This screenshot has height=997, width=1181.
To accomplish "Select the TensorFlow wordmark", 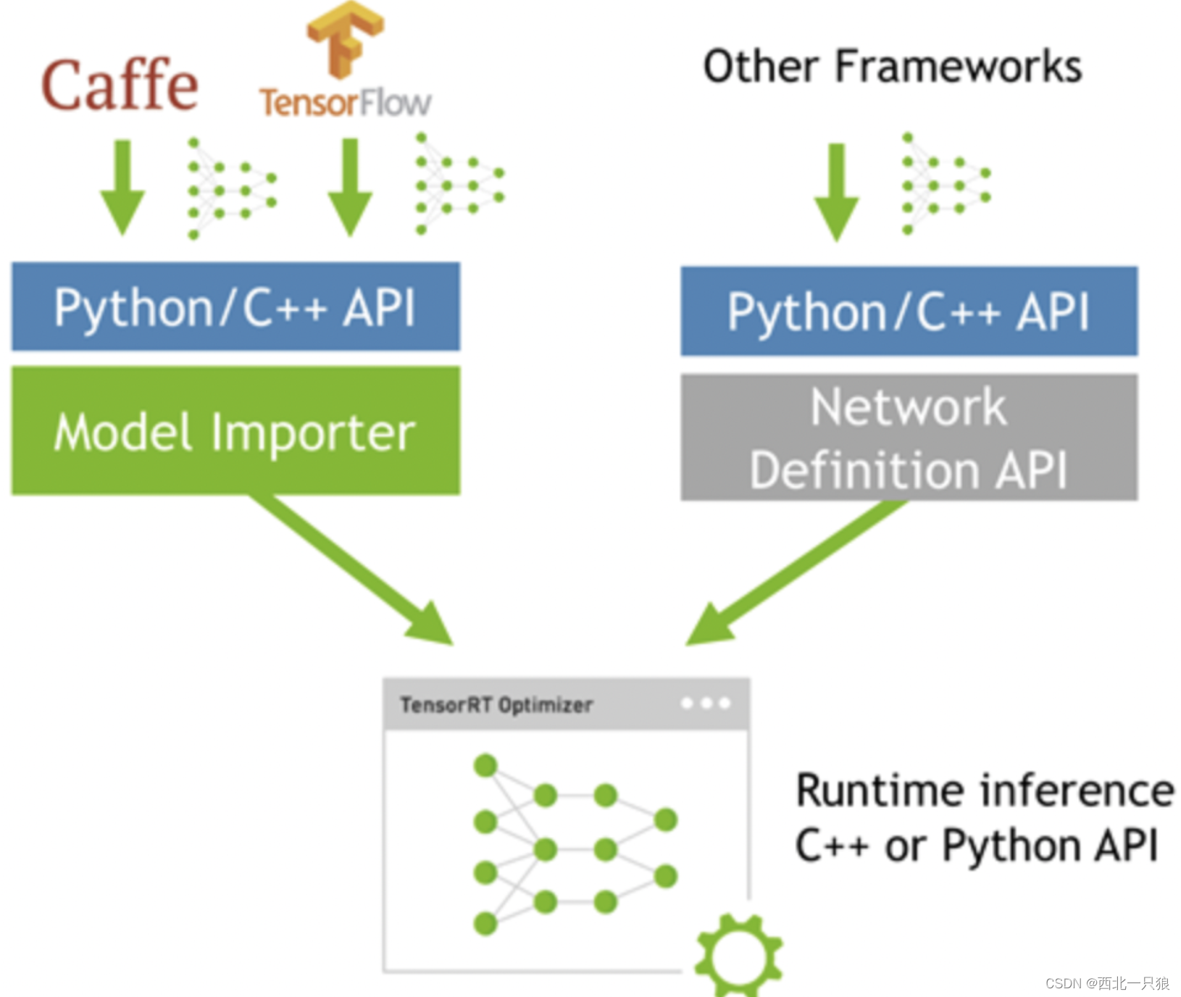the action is (346, 102).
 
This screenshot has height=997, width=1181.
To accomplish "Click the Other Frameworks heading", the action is (893, 66).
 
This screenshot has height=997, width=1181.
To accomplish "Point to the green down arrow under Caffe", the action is (122, 187).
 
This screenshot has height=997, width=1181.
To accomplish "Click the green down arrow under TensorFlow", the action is (350, 187).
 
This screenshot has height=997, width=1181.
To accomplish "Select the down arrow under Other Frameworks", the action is (837, 192).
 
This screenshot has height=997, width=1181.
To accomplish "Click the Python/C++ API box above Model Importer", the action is (235, 306).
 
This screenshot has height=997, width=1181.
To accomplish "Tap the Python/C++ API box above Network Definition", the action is (909, 311).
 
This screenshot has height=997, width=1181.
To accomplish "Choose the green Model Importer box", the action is (235, 431).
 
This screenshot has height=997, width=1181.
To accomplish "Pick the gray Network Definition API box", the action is (909, 437).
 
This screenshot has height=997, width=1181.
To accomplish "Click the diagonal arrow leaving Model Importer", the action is (351, 570).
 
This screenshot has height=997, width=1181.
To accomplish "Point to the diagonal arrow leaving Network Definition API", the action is (796, 572).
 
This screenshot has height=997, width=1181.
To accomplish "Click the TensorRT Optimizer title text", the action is (496, 704).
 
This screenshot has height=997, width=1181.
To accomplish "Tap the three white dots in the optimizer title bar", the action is (706, 702).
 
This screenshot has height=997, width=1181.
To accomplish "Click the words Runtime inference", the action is (985, 790).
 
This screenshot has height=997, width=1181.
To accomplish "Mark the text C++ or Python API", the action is (977, 846).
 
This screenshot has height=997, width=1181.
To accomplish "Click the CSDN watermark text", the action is (1107, 983).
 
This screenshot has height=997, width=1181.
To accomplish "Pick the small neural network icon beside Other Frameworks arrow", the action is (946, 184).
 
